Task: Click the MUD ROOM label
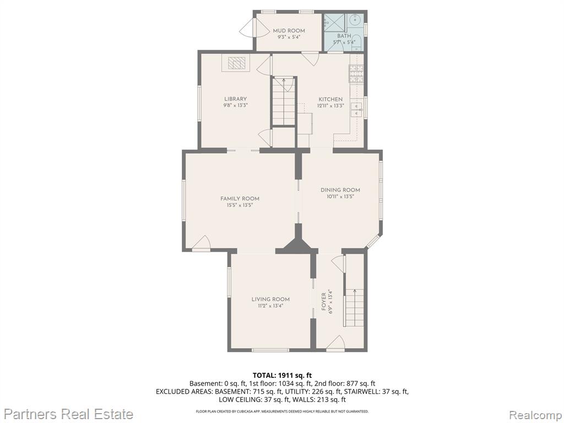point(289,31)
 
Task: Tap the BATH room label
point(344,36)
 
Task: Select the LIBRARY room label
point(236,99)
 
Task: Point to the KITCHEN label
point(330,99)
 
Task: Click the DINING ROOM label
point(340,190)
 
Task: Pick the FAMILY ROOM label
point(240,198)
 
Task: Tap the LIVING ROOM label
point(270,299)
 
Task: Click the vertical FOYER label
point(324,301)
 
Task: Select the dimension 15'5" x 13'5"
point(240,205)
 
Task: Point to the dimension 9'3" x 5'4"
point(289,37)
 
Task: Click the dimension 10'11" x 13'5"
point(340,197)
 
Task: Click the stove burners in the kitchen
point(355,74)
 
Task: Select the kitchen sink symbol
point(357,110)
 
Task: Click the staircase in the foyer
point(354,307)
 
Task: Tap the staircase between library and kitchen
point(284,101)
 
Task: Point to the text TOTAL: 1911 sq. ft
point(282,376)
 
